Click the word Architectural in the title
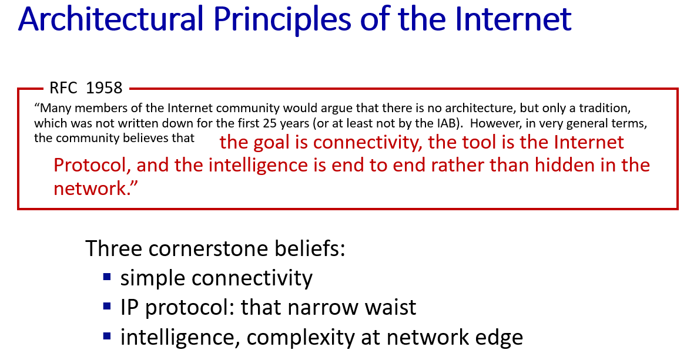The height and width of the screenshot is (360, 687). (x=110, y=19)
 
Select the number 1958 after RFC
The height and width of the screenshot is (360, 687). (x=104, y=88)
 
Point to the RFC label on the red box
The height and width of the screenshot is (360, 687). (x=63, y=88)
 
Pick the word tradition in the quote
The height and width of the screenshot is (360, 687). (x=605, y=108)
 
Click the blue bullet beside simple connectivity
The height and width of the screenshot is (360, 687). (x=107, y=277)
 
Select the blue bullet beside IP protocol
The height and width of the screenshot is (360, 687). (x=107, y=306)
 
